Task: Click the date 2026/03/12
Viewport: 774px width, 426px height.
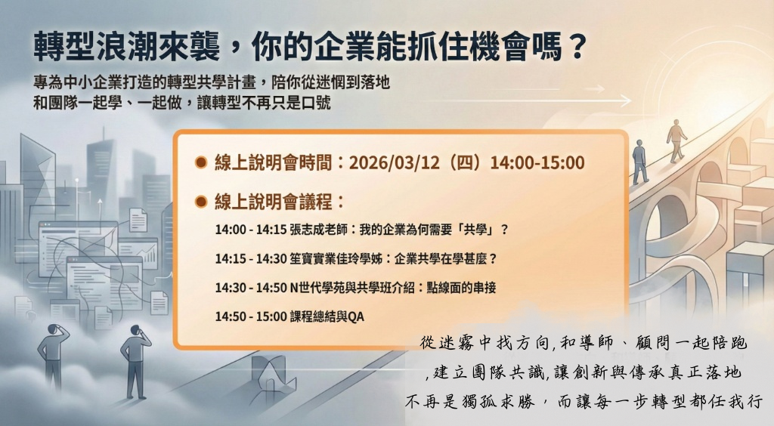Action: coord(394,162)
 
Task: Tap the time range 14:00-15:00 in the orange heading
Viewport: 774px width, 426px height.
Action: coord(537,162)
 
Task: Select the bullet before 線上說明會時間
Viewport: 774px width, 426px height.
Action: coord(201,162)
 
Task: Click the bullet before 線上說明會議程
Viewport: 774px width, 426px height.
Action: coord(201,201)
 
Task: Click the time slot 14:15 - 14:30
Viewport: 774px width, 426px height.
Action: coord(251,258)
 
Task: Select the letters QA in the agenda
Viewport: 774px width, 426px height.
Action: coord(356,316)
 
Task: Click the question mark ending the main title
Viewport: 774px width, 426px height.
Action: coord(575,47)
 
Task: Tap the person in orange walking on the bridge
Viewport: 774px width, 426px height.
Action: coord(676,141)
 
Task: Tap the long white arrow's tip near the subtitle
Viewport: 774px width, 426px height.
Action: coord(631,101)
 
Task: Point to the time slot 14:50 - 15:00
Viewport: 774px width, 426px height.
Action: coord(251,316)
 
